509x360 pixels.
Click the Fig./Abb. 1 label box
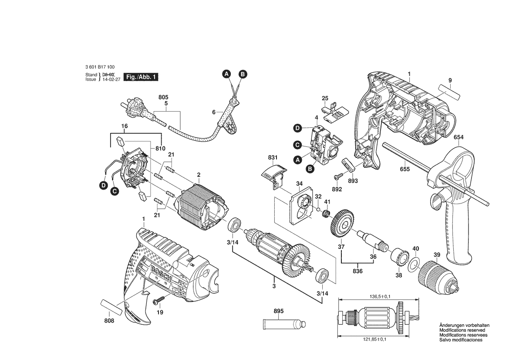click(x=140, y=77)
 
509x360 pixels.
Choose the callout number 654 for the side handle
click(x=458, y=137)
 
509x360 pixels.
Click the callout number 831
click(x=273, y=157)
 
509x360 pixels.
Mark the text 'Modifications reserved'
click(x=462, y=330)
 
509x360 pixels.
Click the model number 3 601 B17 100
click(x=100, y=67)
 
